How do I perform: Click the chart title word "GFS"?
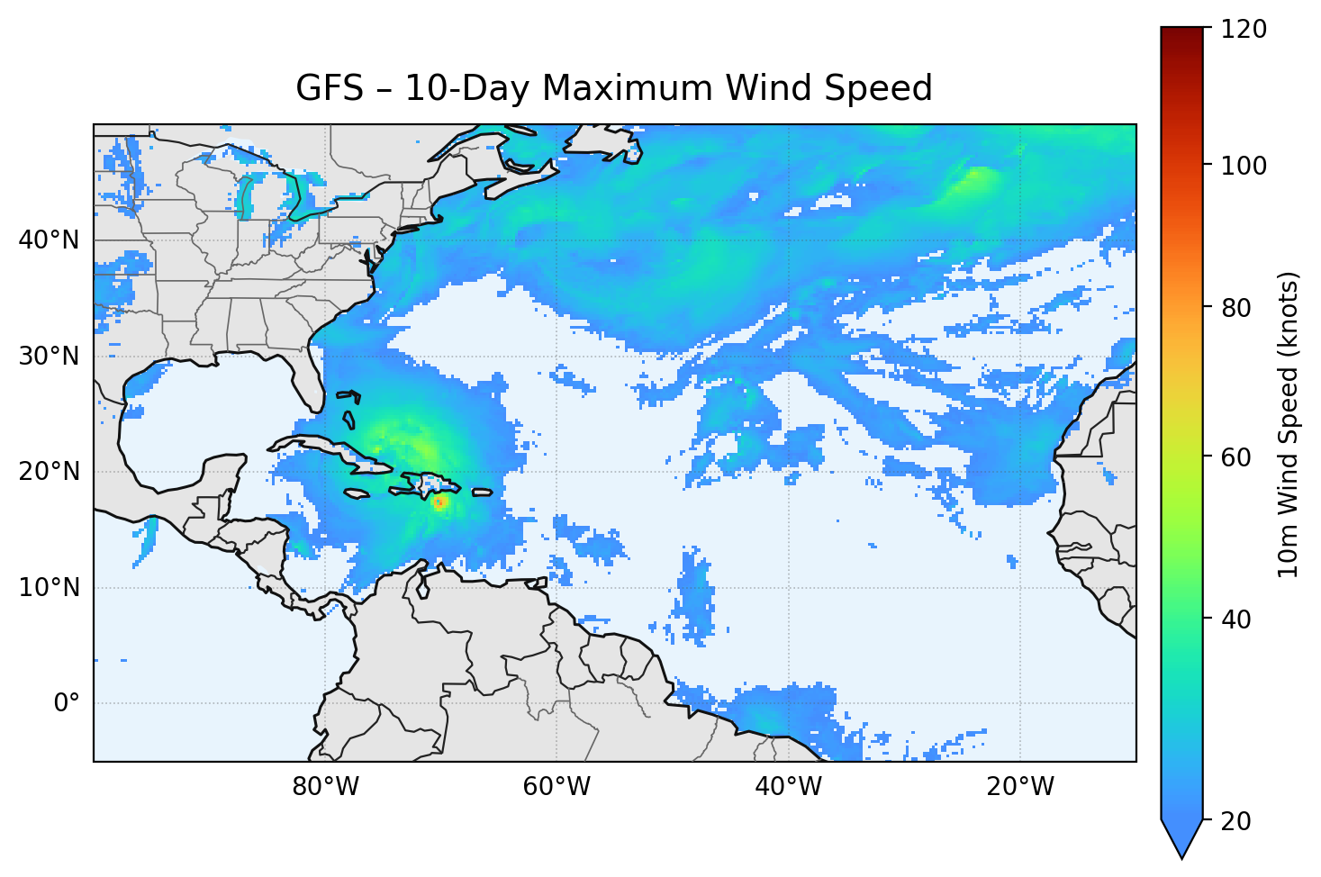tap(330, 88)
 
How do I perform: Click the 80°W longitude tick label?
tap(325, 787)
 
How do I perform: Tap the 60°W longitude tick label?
tap(556, 787)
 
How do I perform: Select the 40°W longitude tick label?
tap(788, 787)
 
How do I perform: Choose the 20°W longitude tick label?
tap(1019, 787)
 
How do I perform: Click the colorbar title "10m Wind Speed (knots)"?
tap(1289, 424)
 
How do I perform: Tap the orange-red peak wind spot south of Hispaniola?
tap(439, 502)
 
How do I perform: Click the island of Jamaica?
tap(357, 493)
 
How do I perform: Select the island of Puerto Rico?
tap(483, 493)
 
